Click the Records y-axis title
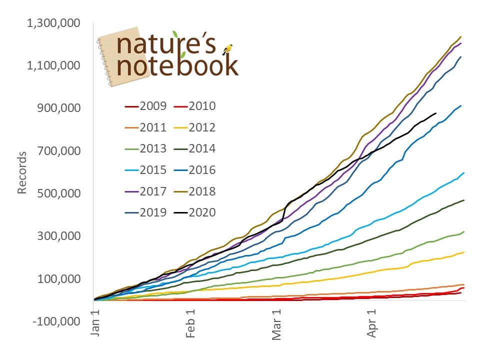point(22,170)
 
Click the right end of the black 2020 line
point(436,113)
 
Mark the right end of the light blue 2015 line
point(464,172)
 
